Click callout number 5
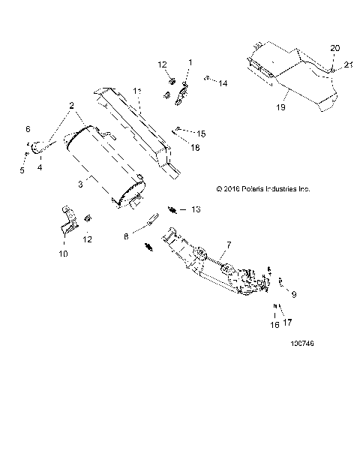pos(22,170)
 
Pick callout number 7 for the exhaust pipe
pos(228,245)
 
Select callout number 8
pos(125,236)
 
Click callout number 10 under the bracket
pos(63,254)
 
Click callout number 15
pos(201,134)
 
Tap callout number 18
pos(196,149)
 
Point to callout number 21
pos(348,65)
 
